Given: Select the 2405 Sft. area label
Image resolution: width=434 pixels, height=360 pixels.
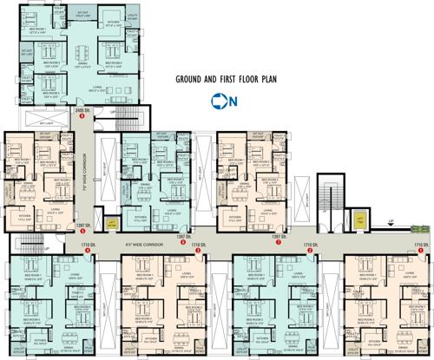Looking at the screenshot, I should coord(83,112).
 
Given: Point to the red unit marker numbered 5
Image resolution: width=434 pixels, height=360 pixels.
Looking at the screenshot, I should coord(82,232).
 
